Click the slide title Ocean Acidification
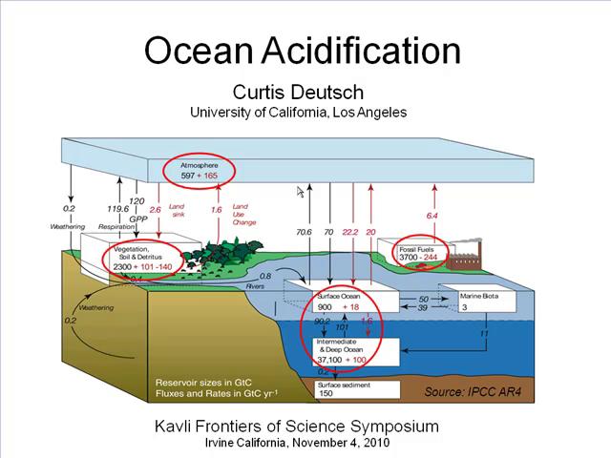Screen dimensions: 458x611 [302, 51]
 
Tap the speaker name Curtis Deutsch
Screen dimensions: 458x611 [298, 92]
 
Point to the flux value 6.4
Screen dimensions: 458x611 [432, 216]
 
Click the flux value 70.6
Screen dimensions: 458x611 [304, 232]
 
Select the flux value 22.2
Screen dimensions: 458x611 [349, 232]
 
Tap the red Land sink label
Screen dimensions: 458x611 [178, 211]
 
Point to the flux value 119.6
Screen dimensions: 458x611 [117, 209]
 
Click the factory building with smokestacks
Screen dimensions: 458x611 [465, 256]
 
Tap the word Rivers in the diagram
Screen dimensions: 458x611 [255, 285]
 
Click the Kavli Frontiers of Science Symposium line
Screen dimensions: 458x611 [297, 427]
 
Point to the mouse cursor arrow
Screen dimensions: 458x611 [300, 193]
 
